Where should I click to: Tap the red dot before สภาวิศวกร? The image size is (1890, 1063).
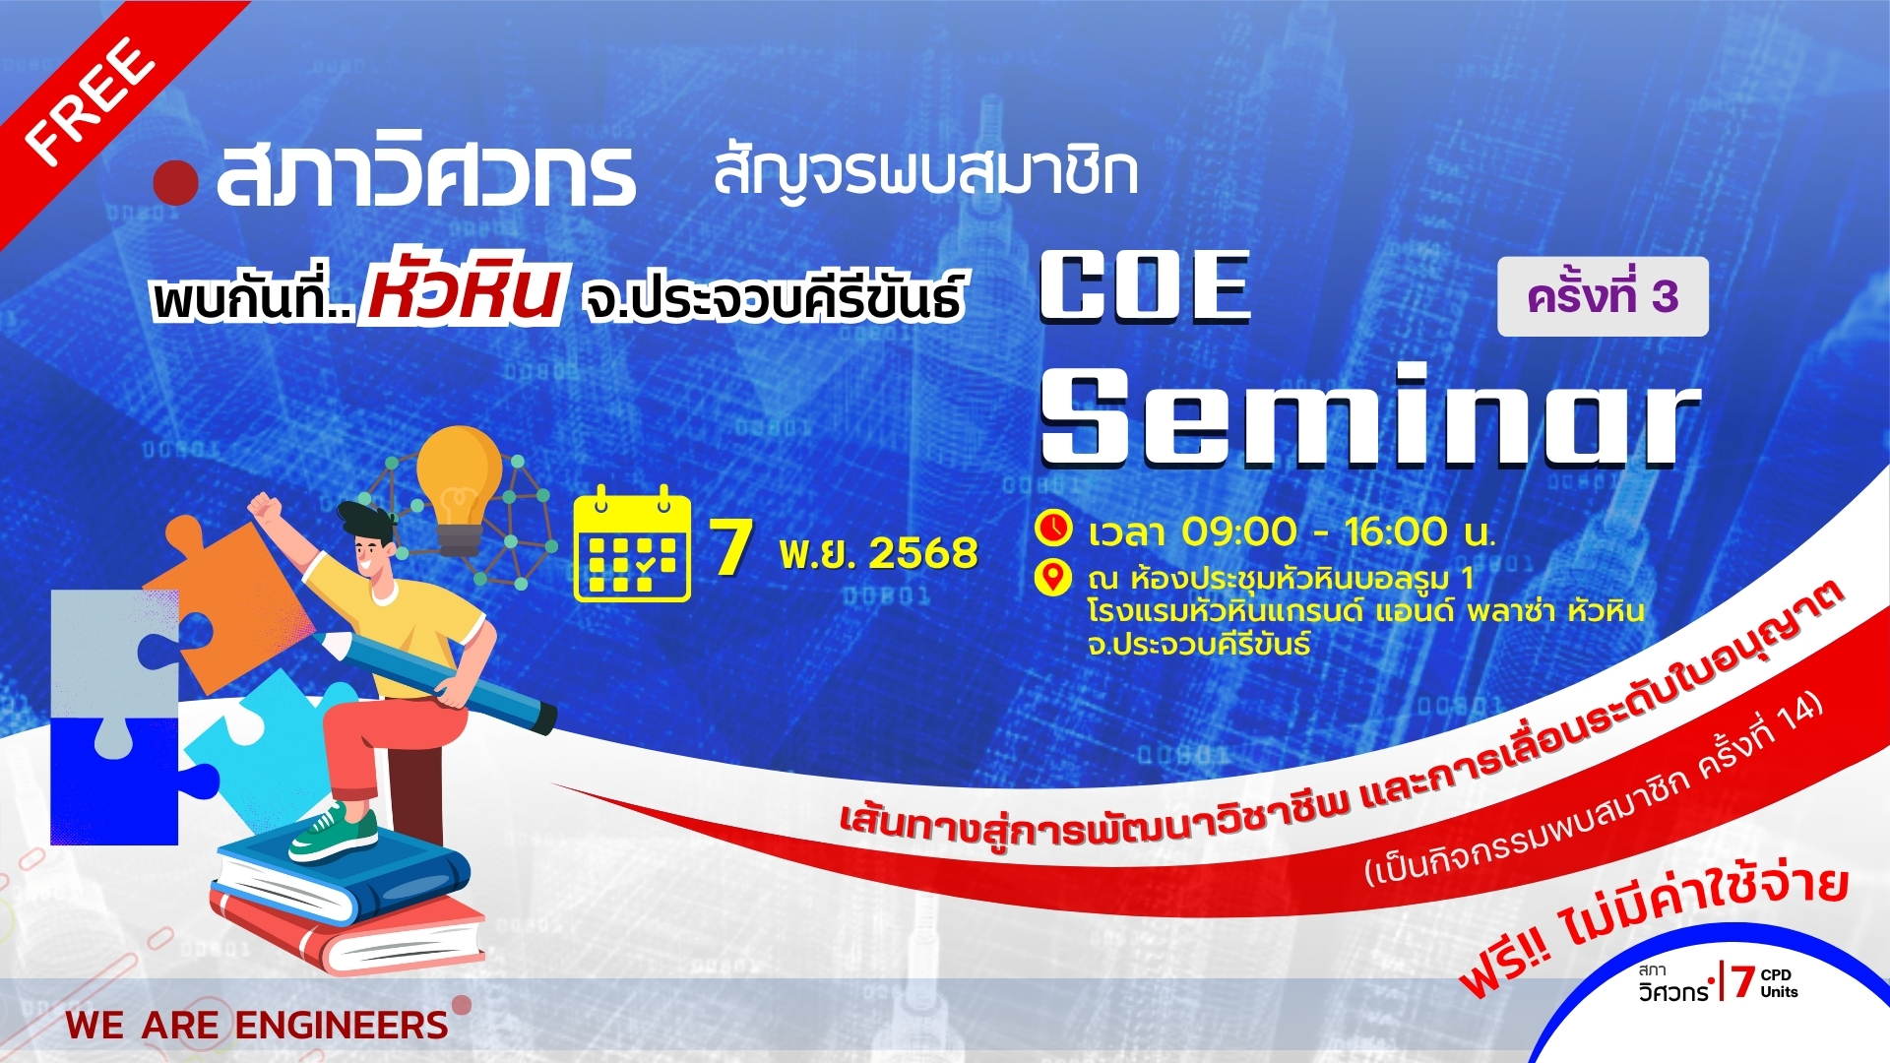click(176, 182)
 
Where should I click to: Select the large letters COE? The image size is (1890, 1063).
click(1146, 286)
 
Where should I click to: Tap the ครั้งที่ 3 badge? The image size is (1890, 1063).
click(1603, 296)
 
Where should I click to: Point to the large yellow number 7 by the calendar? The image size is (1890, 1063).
click(731, 547)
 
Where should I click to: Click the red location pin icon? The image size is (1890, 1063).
click(1053, 578)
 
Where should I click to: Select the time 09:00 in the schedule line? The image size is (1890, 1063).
click(1239, 532)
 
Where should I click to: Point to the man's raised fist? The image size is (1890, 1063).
click(264, 509)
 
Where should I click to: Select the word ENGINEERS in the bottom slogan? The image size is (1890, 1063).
click(342, 1026)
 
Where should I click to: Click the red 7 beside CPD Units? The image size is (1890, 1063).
click(1743, 981)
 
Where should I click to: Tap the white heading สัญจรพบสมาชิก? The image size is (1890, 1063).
click(925, 173)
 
